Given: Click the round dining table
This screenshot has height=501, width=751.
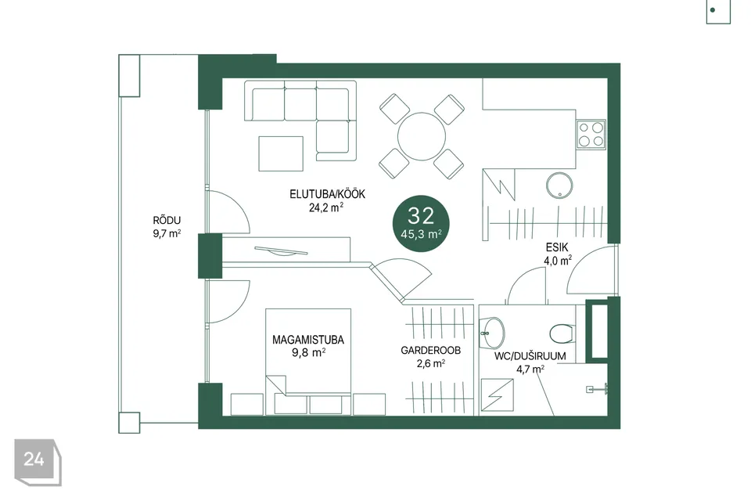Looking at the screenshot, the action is point(422,137).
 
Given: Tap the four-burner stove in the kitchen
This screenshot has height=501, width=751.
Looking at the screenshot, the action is point(591,134).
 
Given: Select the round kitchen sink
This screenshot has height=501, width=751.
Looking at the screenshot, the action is point(559,185).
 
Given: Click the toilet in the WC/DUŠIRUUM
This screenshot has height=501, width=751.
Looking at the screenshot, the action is point(562,333).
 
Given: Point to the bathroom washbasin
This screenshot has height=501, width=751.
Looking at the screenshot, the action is point(492,332).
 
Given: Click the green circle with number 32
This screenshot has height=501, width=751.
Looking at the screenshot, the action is point(421,223).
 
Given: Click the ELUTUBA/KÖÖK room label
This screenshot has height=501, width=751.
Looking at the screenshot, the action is point(327,194).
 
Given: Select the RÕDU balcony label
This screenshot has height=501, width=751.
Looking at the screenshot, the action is point(167,221).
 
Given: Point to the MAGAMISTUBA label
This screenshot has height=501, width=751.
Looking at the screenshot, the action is point(308,340).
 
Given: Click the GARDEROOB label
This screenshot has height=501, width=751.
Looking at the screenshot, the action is point(430,351).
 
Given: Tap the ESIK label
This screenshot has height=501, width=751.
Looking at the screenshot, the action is point(557,247).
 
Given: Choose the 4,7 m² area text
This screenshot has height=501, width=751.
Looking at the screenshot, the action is point(530,369).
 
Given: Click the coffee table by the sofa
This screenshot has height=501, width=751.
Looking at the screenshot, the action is point(281,154).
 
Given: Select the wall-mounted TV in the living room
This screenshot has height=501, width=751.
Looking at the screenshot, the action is point(281,250).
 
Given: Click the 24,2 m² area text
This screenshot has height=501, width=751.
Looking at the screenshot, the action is point(325,207).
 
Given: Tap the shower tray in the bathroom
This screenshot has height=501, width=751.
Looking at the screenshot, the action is point(498,395).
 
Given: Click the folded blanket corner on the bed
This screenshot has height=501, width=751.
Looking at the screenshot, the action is point(276,385).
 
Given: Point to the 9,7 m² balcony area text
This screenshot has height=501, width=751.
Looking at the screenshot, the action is point(167,233).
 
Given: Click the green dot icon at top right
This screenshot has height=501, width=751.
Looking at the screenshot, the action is point(713,10).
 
